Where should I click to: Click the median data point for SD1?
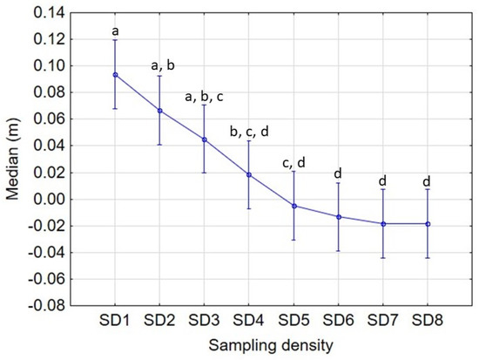coord(115,75)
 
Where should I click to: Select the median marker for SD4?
coord(249,174)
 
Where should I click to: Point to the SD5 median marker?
coord(294,206)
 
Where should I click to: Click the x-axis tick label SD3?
coord(205,321)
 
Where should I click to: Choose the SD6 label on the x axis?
coord(339,321)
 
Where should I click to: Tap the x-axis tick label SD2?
coord(159,321)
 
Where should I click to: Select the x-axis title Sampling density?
coord(271,346)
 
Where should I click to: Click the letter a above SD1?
coord(115,31)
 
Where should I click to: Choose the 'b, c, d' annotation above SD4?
coord(249,131)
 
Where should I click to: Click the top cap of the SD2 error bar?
coord(159,76)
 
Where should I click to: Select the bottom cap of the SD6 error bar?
coord(339,251)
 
